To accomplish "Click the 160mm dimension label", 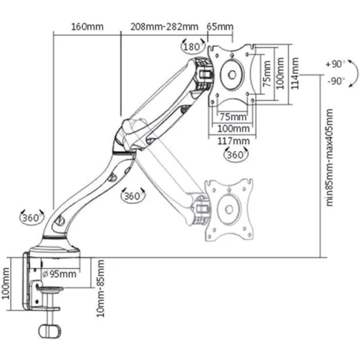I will (87, 27).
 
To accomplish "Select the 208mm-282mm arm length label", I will (164, 27).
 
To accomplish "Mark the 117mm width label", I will (235, 140).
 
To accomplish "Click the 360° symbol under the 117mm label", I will (235, 155).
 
